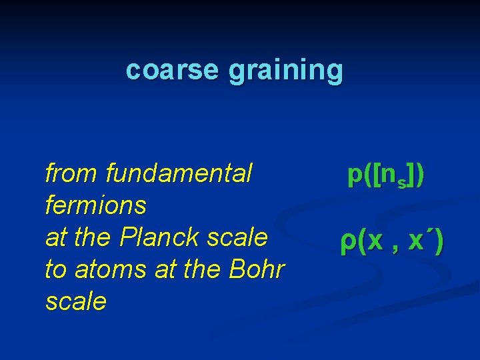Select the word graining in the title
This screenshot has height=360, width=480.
(x=286, y=71)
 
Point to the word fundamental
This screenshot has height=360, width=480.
(x=179, y=174)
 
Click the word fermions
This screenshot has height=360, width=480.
(x=95, y=205)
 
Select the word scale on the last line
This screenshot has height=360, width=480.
(x=76, y=301)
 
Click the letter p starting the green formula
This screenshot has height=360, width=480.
(x=354, y=175)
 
